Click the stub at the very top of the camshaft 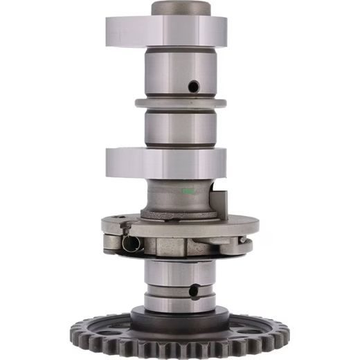tap(181, 8)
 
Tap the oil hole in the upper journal tap(194, 86)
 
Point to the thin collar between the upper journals tap(180, 103)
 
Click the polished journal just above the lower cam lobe tap(179, 129)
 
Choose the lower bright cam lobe tap(166, 163)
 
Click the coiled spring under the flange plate tap(132, 243)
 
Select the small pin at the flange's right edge tap(244, 240)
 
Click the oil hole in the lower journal tap(194, 290)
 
